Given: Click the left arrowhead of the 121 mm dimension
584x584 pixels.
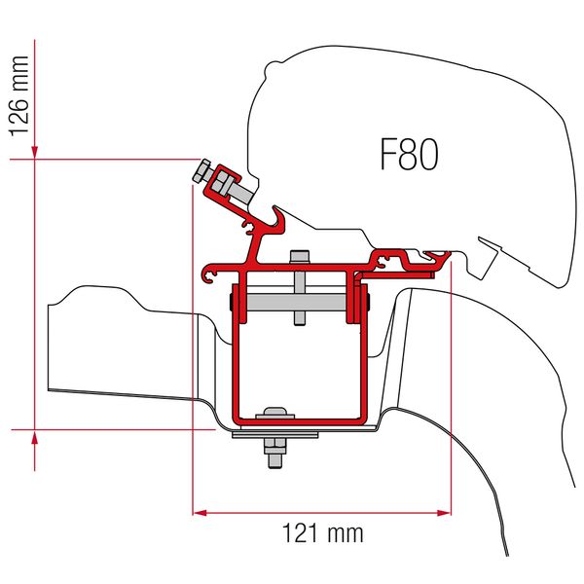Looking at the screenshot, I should (199, 511).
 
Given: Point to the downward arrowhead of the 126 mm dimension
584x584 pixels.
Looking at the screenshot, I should (35, 151).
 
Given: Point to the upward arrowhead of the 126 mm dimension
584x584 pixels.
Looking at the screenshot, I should (35, 436).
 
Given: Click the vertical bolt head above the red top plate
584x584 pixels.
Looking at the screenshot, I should (300, 258).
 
